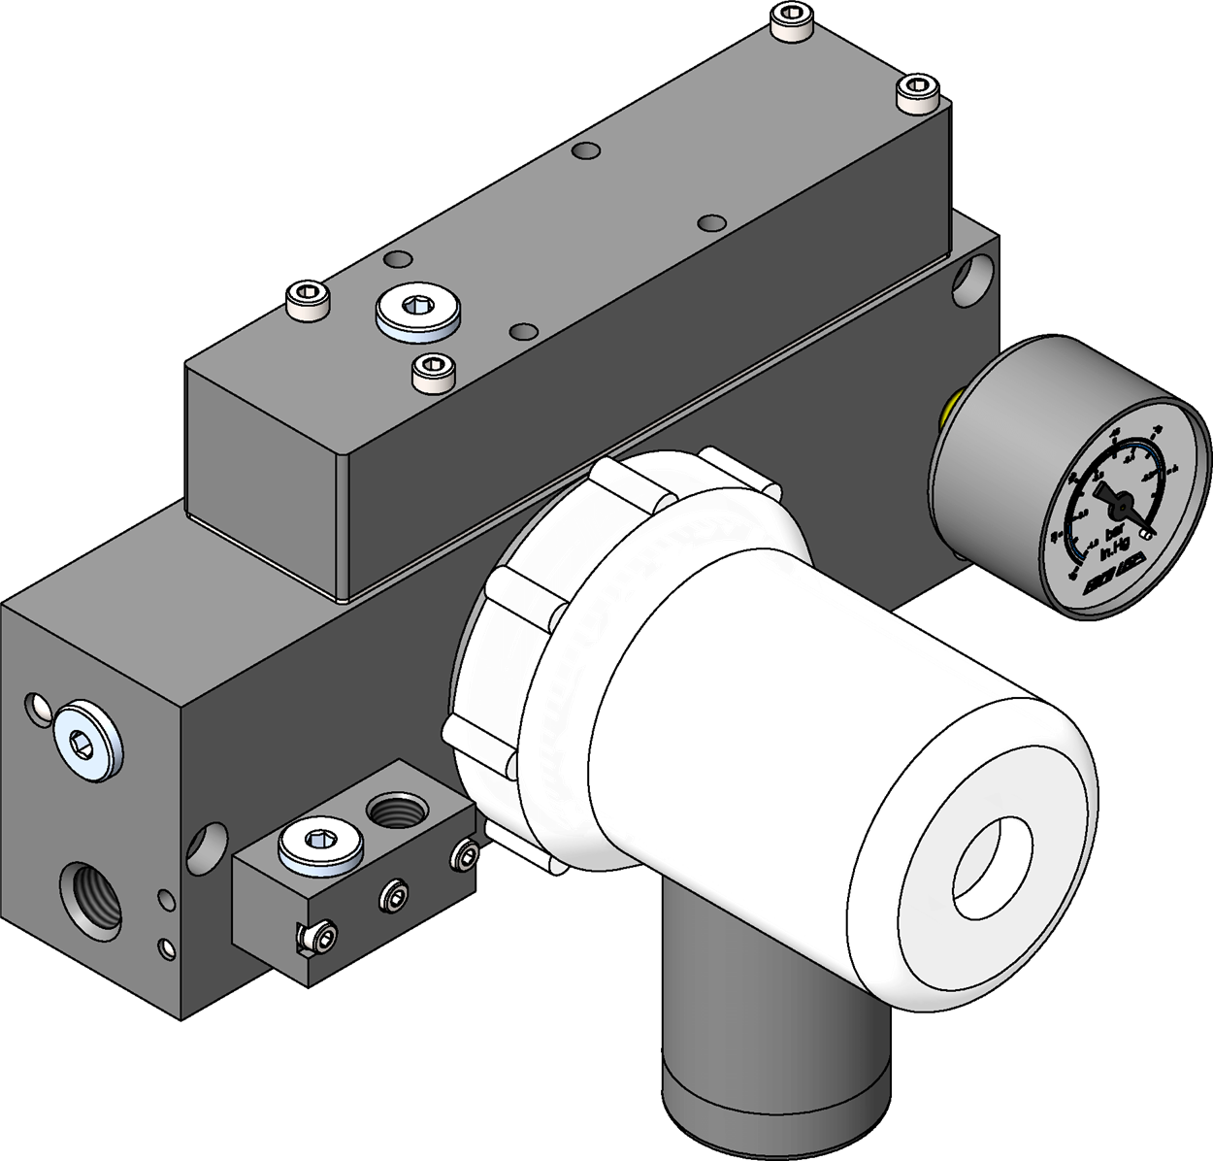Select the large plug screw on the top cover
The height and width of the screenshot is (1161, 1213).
tap(418, 312)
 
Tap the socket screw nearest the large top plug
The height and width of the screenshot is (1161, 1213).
tap(434, 372)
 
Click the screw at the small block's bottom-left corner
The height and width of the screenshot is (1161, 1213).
tap(316, 937)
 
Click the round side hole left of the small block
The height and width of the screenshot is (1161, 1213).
tap(207, 847)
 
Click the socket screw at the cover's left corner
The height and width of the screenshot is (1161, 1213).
tap(309, 302)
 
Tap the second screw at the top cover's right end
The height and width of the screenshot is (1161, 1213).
tap(918, 94)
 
